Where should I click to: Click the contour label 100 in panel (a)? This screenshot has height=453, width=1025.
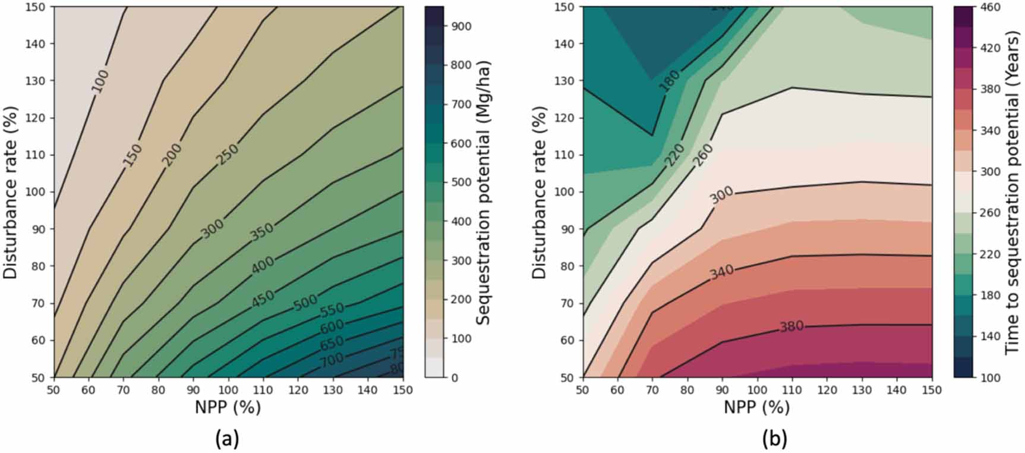click(x=100, y=81)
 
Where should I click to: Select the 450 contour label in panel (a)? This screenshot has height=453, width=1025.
click(x=262, y=298)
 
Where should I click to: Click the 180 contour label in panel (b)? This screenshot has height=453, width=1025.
click(x=670, y=81)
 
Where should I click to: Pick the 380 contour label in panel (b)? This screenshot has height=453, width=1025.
click(x=791, y=326)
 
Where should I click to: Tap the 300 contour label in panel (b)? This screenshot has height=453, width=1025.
click(x=722, y=195)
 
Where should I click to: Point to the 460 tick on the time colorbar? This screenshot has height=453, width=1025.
click(x=989, y=7)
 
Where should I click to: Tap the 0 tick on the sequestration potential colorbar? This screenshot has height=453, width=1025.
click(x=455, y=378)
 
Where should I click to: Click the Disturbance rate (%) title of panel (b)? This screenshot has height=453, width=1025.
click(x=539, y=192)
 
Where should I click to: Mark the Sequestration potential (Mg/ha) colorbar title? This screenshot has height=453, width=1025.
click(x=484, y=192)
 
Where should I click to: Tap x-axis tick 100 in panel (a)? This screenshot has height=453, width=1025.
click(x=228, y=390)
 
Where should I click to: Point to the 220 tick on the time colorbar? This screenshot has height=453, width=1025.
click(x=989, y=254)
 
